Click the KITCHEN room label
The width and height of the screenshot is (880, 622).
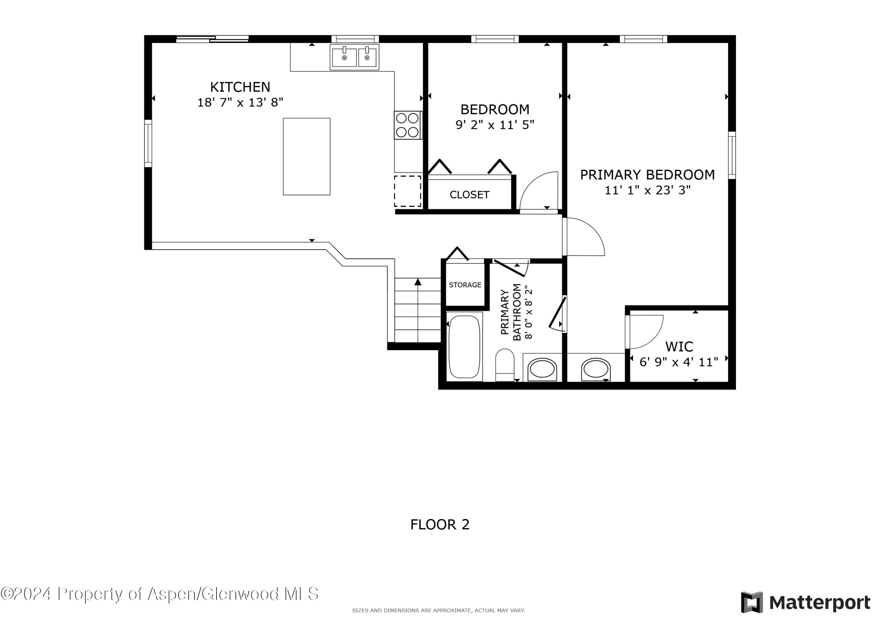pos(240,87)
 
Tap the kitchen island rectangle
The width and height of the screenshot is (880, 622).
pos(306,156)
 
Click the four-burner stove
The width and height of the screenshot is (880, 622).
pos(407,125)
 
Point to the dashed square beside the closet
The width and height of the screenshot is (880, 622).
pos(407,191)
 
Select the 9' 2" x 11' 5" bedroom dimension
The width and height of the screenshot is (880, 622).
pos(495,125)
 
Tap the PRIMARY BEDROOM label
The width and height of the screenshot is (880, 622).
pos(647,175)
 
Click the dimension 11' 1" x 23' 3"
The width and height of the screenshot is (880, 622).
pos(647,190)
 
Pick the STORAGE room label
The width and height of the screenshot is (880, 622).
pos(465,285)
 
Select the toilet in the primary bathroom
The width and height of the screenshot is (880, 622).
pos(505,365)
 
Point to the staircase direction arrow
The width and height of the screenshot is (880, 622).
pos(418,282)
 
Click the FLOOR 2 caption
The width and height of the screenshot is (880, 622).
pos(440,525)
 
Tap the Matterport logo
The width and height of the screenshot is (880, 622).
pos(805,602)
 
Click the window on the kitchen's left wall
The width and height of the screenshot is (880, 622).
pos(148,143)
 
